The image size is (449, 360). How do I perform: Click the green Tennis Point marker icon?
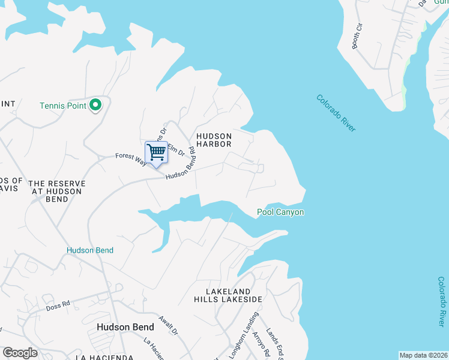point(95,106)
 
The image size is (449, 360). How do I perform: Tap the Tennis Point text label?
point(63,106)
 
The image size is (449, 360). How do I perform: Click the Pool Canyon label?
point(280,212)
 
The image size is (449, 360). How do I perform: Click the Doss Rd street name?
point(58,306)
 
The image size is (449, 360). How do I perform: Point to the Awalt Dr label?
point(169,325)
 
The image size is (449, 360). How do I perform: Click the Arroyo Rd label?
point(259,343)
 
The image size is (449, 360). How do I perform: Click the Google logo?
point(20,352)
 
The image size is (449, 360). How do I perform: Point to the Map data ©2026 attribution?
point(424,355)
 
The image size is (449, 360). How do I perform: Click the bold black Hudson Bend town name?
point(125,327)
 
